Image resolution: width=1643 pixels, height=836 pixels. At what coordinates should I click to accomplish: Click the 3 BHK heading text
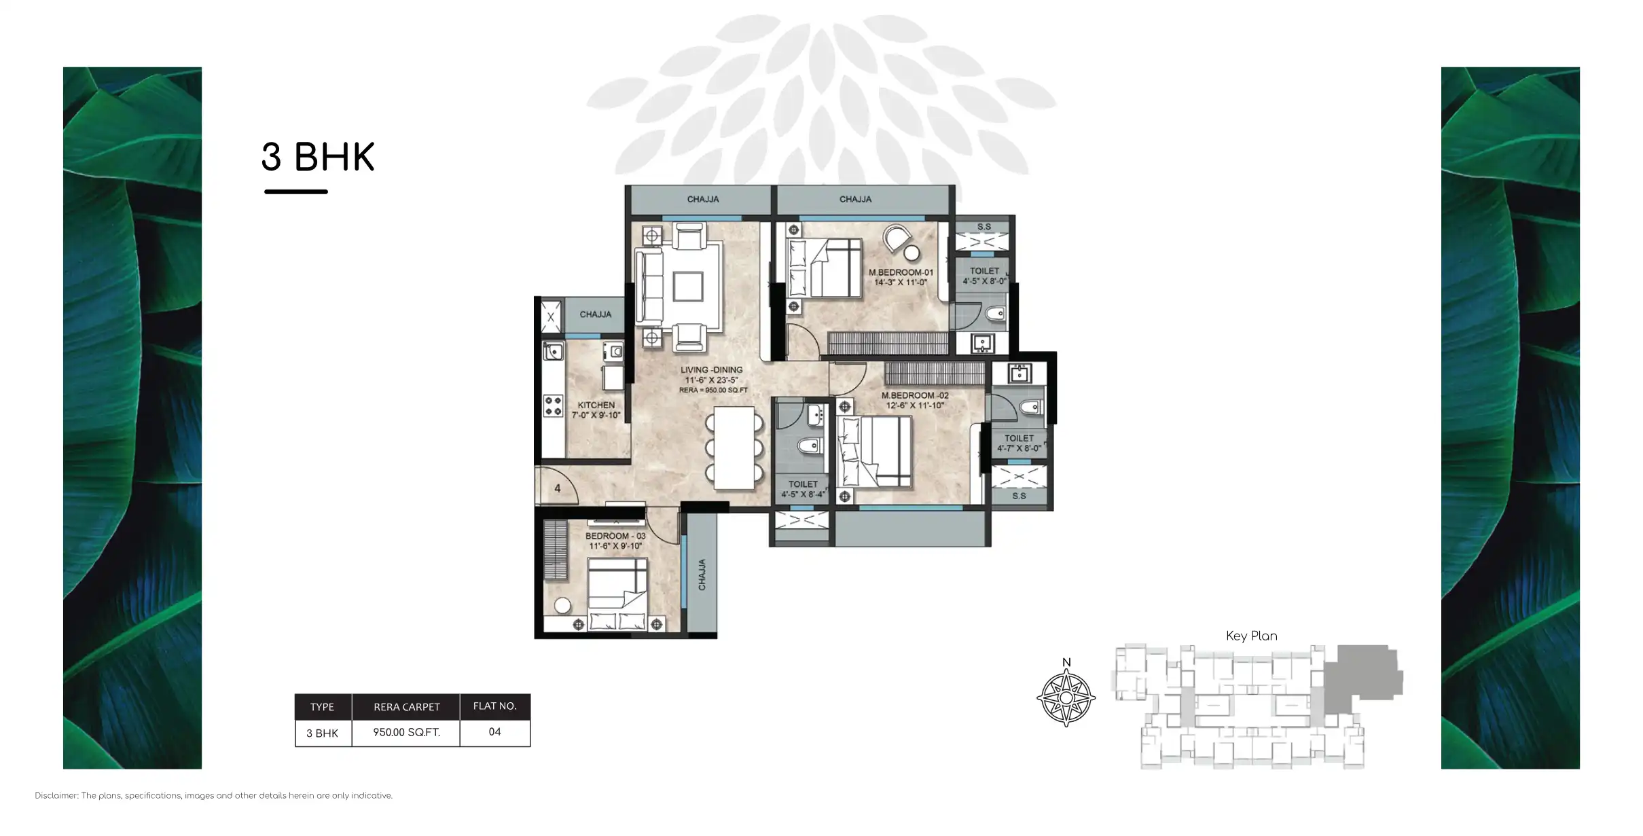(x=318, y=157)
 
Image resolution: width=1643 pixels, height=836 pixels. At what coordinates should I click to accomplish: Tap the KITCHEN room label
(x=596, y=410)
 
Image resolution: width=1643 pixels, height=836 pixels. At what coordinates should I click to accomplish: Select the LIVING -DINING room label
(x=712, y=375)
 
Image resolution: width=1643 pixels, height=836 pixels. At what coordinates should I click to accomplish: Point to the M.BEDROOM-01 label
(x=901, y=276)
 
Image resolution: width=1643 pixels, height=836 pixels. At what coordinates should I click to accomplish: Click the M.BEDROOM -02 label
(x=915, y=400)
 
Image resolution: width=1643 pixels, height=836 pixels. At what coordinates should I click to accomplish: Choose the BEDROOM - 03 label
(x=615, y=541)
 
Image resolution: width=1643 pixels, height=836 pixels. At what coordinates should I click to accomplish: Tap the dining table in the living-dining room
(x=734, y=448)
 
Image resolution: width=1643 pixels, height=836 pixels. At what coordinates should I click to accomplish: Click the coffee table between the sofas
(x=687, y=286)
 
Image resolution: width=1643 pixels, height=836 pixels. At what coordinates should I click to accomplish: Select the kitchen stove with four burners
(x=553, y=405)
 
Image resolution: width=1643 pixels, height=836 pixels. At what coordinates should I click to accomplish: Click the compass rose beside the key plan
(x=1066, y=697)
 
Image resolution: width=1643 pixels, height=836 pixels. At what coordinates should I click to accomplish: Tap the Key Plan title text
(x=1251, y=636)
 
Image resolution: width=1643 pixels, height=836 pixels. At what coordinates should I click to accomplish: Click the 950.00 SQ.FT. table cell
(x=406, y=732)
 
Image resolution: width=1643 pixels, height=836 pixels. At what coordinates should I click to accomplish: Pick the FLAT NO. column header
(x=494, y=706)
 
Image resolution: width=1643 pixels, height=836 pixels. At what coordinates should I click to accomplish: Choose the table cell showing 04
(x=494, y=732)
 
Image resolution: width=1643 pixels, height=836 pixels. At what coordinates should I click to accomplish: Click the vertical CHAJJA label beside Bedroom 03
(x=702, y=575)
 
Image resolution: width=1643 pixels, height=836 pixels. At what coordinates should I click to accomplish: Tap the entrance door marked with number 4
(x=558, y=488)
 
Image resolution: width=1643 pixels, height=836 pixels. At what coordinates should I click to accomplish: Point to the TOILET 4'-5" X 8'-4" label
(x=803, y=489)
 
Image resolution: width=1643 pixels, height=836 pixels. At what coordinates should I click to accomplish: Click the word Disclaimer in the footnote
(x=56, y=795)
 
